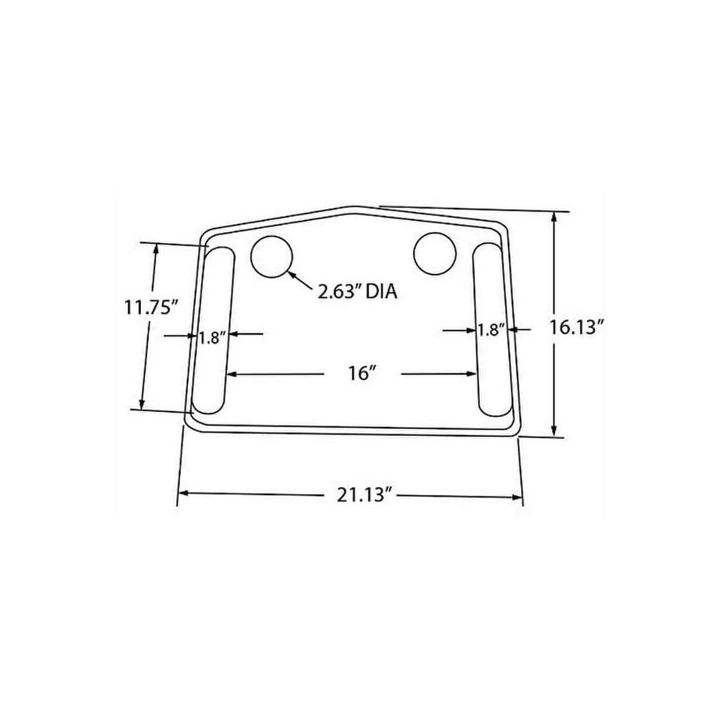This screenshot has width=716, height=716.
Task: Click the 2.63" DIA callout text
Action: [x=357, y=291]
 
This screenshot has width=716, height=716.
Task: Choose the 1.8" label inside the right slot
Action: [x=490, y=330]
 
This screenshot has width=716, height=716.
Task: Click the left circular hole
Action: [x=271, y=257]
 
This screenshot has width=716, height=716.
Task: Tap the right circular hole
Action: [x=434, y=253]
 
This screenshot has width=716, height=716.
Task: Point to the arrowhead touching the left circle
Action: [x=291, y=273]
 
